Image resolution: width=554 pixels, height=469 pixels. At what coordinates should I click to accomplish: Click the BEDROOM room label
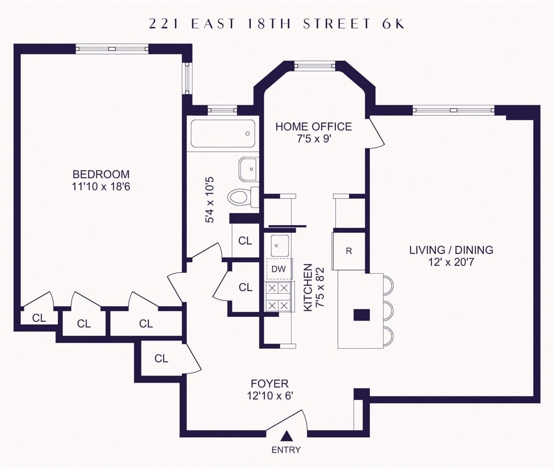101,174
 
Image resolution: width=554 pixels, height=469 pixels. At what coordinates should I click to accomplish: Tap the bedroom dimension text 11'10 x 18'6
101,186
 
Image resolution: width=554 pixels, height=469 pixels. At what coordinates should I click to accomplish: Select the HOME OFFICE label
313,126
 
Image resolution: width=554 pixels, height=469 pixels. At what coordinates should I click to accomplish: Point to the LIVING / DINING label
451,250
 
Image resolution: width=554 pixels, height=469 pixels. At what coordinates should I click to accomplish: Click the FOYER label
270,384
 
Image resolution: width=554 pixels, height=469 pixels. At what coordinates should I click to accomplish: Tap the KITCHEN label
308,288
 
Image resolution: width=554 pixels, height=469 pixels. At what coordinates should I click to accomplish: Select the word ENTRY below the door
286,450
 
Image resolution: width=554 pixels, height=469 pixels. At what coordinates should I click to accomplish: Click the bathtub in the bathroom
223,133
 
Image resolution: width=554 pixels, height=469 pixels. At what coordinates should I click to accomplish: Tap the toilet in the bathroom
243,197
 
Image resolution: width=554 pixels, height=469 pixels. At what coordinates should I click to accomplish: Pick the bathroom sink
249,169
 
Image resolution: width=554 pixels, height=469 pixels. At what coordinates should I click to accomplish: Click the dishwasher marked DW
279,269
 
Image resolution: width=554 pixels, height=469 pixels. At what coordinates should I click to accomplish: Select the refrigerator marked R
349,251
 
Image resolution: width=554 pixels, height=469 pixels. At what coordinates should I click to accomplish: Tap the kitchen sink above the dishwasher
280,246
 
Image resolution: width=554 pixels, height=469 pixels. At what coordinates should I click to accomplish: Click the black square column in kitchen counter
361,315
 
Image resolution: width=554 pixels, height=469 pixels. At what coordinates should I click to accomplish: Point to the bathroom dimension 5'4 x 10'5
210,200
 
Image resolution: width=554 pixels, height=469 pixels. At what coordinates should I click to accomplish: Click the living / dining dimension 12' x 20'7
451,262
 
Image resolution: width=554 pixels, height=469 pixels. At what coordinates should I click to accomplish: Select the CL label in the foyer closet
161,358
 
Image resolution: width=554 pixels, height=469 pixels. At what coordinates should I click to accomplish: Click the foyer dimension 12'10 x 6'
270,396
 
